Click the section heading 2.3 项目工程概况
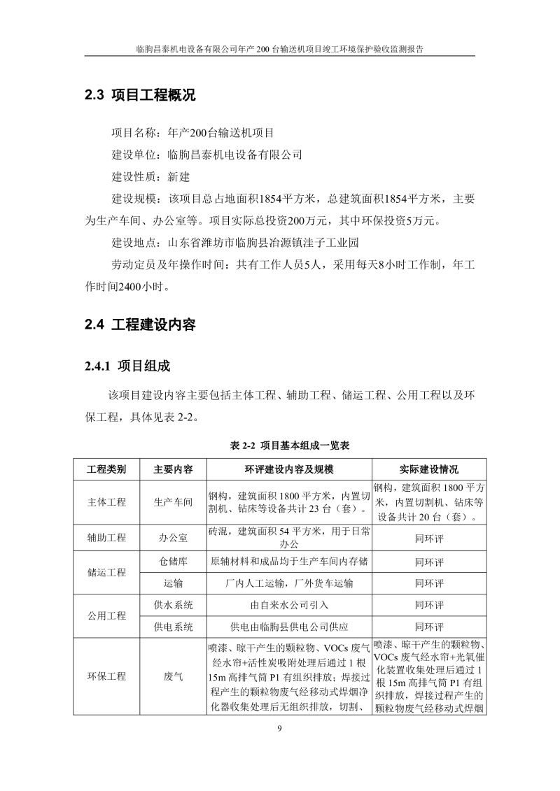pyautogui.click(x=140, y=96)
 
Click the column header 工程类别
pyautogui.click(x=106, y=469)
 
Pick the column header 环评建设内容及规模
pyautogui.click(x=289, y=469)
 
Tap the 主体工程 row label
pyautogui.click(x=106, y=502)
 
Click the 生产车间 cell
pyautogui.click(x=174, y=502)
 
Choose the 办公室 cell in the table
pyautogui.click(x=174, y=538)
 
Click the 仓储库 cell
pyautogui.click(x=174, y=562)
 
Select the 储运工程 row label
pyautogui.click(x=106, y=572)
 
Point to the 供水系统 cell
pyautogui.click(x=174, y=605)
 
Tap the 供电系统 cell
pyautogui.click(x=174, y=627)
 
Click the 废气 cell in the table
pyautogui.click(x=174, y=676)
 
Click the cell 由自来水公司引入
pyautogui.click(x=289, y=605)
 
